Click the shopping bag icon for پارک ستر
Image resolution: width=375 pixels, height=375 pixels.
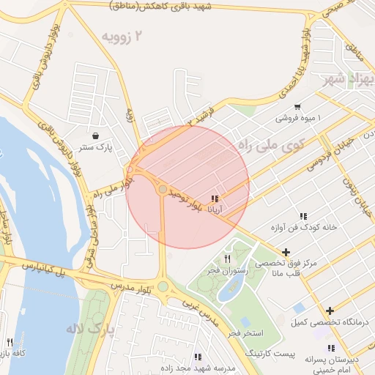tap(97, 135)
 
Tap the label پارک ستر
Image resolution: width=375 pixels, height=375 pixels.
tap(97, 147)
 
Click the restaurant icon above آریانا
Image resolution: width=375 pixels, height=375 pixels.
tap(215, 198)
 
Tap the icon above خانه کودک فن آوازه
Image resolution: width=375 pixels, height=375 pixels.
tap(302, 215)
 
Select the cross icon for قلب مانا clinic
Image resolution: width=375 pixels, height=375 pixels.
tap(285, 252)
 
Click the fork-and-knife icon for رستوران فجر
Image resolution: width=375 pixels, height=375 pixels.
tap(228, 259)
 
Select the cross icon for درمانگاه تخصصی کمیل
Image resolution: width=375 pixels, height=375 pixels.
tap(330, 311)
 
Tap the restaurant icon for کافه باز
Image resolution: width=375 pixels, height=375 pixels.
tap(10, 342)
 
